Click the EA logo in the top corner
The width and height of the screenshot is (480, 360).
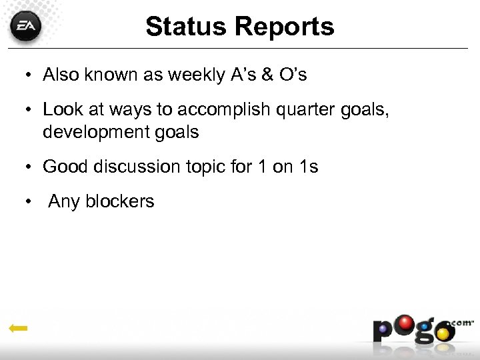(x=26, y=27)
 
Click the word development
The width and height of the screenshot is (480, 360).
(x=100, y=131)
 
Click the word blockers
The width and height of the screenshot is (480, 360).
(x=119, y=201)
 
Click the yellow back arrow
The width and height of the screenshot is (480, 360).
(x=18, y=328)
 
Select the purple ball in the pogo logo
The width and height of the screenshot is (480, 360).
(x=383, y=329)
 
